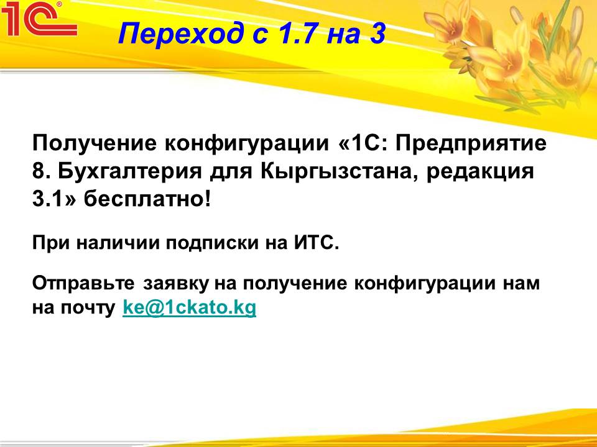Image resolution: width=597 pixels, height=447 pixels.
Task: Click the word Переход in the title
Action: coord(180,34)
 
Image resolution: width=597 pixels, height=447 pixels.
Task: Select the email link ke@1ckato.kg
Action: coord(189,308)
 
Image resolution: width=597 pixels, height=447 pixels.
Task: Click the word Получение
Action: coord(95,143)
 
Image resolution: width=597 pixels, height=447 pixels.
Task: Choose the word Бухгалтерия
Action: coord(130,171)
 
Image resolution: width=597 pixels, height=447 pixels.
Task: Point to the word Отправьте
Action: coord(83,284)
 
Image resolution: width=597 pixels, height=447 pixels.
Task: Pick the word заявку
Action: coord(176,284)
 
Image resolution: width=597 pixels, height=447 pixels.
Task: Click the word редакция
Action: coord(480,172)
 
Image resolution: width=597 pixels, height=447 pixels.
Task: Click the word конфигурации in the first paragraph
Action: coord(247,143)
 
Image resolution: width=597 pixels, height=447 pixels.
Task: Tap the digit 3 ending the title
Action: coord(377,34)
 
